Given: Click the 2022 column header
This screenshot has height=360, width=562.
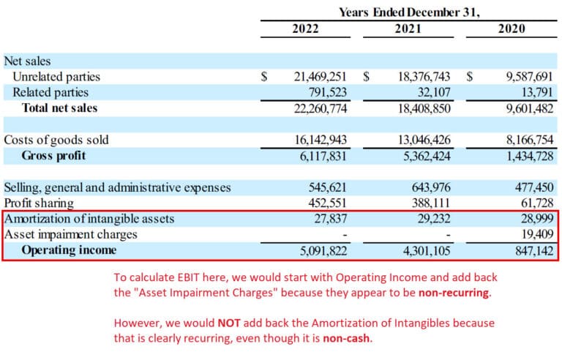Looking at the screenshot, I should tap(310, 30).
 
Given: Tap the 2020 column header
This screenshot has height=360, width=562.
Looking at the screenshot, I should tap(512, 30).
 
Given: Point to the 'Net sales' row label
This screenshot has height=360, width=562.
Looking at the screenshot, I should tap(28, 61).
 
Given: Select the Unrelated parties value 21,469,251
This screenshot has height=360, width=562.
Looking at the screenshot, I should tap(315, 77).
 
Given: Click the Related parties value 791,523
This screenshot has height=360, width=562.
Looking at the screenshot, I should tap(323, 92).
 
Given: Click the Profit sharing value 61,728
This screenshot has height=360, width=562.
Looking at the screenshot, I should tap(532, 203).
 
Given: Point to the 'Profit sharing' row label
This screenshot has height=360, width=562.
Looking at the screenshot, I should tap(39, 203).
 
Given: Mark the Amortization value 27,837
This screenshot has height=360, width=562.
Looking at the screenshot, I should tap(329, 219).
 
